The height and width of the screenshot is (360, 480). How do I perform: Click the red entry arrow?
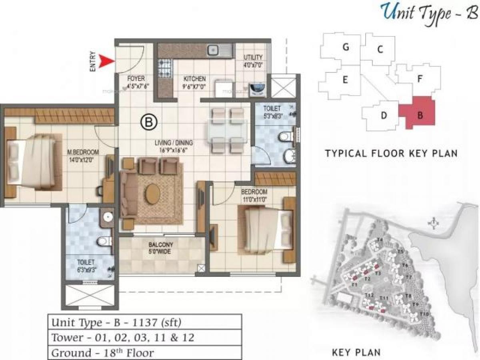coord(106,61)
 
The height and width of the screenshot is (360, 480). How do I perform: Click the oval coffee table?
coord(152,194)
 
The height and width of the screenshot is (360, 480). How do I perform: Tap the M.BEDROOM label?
coord(83,152)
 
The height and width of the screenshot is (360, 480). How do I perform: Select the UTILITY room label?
coord(253,58)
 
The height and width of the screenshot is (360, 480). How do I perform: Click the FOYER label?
coord(136,79)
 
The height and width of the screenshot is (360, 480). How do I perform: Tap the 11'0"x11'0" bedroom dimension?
coord(254,198)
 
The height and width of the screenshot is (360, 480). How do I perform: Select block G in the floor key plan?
coord(346,48)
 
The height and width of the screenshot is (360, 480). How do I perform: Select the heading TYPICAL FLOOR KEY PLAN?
coord(391,153)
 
